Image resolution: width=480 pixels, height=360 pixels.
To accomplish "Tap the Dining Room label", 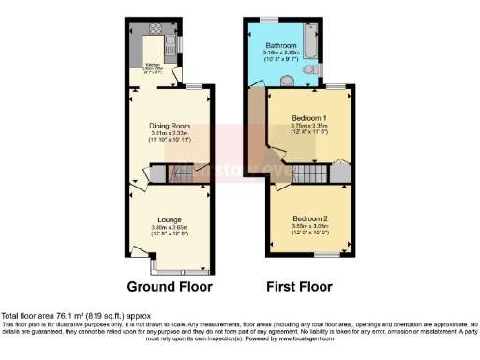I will coord(170,126).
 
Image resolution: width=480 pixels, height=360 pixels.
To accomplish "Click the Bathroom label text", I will coord(280,45).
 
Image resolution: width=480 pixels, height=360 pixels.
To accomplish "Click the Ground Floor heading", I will coord(170,286).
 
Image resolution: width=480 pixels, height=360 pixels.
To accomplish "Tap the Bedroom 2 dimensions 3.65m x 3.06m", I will coord(306,226).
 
